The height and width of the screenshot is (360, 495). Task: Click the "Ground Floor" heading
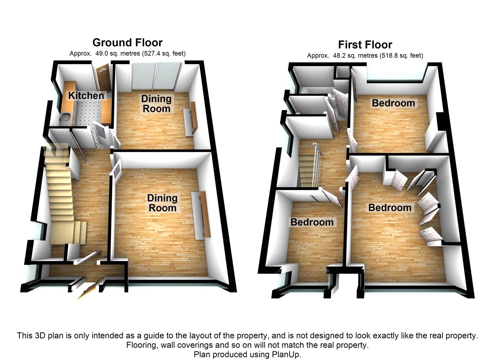pos(127,43)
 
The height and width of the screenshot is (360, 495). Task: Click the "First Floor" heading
pos(365,45)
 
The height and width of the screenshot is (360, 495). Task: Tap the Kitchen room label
pos(86,95)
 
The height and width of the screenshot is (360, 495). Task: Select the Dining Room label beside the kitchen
pos(156,103)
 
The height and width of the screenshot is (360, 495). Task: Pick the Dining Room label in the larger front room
pos(162,203)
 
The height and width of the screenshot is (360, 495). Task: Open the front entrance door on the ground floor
pos(86,290)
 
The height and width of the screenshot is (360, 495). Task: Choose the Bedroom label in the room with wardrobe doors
pos(390,207)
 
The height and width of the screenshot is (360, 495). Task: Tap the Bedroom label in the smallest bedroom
pos(312,222)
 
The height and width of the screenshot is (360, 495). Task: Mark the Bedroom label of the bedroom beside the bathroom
pos(393,103)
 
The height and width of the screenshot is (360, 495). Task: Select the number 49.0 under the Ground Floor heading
pos(101,53)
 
